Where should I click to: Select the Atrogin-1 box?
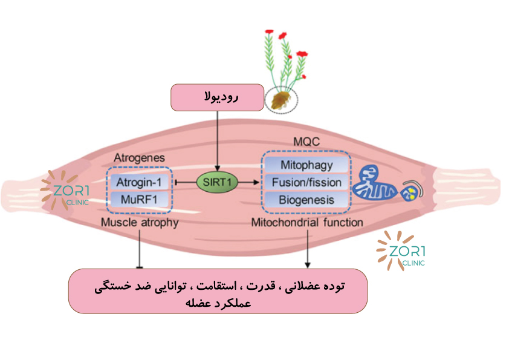click(x=140, y=182)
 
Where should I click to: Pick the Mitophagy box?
click(x=306, y=165)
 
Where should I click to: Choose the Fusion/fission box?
click(x=306, y=182)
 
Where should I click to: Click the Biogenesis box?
click(x=306, y=200)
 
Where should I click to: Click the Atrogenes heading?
click(x=139, y=158)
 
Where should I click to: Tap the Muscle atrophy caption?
click(x=140, y=223)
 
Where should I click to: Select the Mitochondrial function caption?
click(x=307, y=223)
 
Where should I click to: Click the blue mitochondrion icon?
click(x=375, y=184)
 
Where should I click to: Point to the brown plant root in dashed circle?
click(x=281, y=99)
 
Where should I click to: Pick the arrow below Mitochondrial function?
click(x=309, y=248)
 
